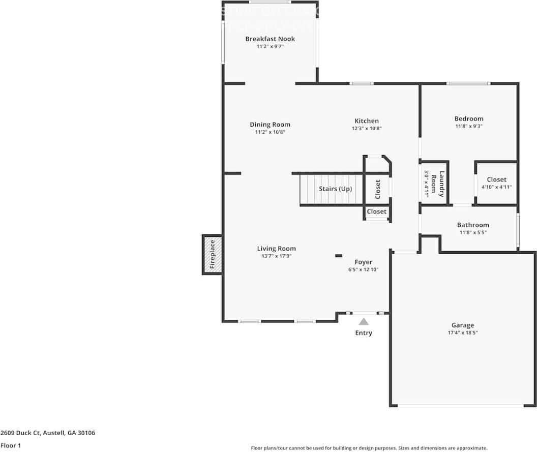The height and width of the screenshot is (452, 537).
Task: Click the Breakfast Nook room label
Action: coord(270,39)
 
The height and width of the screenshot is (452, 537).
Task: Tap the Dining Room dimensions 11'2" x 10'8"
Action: coord(270,132)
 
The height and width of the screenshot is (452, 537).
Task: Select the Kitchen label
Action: coord(367,121)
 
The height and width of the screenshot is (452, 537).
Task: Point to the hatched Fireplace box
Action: coord(213,254)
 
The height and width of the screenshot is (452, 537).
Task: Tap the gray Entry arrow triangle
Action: coord(364,321)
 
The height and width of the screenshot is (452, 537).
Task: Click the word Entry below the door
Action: coord(364,333)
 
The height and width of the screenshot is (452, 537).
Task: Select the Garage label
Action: coord(462,325)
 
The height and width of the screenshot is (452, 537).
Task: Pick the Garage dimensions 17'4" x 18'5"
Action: coord(462,333)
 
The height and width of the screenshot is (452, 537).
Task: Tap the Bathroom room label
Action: coord(473,225)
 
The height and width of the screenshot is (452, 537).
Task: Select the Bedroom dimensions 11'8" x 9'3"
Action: coord(468,126)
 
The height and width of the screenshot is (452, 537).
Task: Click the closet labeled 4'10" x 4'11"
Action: coord(496,183)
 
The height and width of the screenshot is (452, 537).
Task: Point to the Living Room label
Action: coord(276,249)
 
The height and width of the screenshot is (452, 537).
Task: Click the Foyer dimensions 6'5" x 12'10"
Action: coord(363,269)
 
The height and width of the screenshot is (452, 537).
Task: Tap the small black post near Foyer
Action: coord(339,256)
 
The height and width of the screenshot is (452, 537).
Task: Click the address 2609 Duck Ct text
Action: coord(48,433)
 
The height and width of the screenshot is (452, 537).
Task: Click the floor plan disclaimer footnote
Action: coord(369,448)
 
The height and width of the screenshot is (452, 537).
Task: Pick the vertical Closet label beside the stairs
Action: coord(378,189)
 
